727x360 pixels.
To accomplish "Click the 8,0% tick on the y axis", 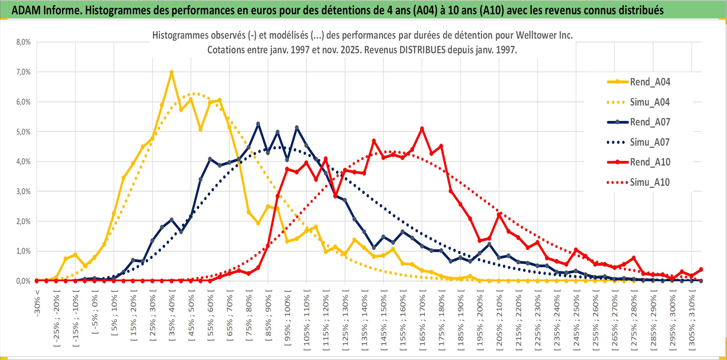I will click(x=23, y=42).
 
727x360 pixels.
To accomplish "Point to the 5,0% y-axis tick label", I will click(x=23, y=132).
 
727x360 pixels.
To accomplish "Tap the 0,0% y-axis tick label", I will click(x=23, y=281).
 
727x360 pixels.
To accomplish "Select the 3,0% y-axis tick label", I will click(x=23, y=191).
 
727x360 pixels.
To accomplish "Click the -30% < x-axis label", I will click(x=37, y=303).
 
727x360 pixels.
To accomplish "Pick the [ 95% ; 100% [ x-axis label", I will click(x=288, y=321).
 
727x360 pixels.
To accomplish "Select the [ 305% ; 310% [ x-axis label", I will click(x=692, y=321).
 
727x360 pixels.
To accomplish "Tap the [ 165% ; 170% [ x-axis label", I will click(x=422, y=321).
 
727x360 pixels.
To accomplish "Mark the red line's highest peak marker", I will click(x=422, y=129).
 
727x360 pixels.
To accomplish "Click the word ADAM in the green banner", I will click(x=26, y=10).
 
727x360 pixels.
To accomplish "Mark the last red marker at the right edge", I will click(x=701, y=269).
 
